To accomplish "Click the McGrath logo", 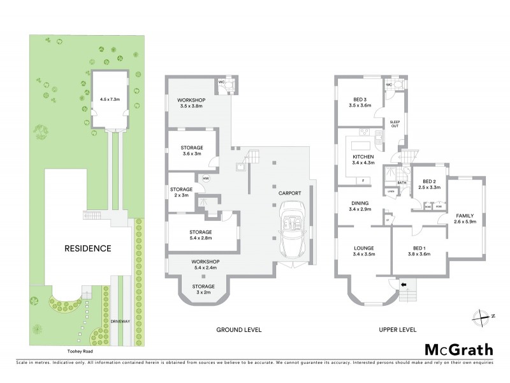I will pos(459,349).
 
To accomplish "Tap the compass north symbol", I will pos(483,315).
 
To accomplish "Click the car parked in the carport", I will pos(294,227).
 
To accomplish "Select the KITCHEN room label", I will pos(363,156).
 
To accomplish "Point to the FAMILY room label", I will pos(463,216).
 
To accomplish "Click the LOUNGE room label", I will pos(363,248).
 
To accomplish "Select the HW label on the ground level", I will pos(206,178).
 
